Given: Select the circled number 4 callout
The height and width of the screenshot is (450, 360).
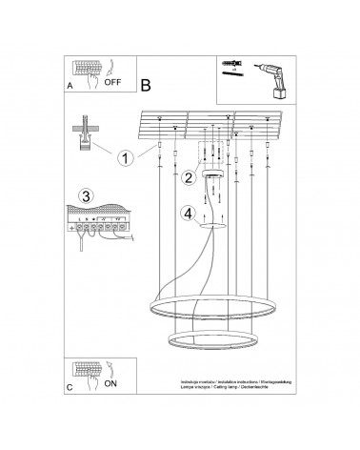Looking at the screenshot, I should [x=190, y=213].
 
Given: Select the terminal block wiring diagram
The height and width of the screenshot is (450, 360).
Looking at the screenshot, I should [x=98, y=225].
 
